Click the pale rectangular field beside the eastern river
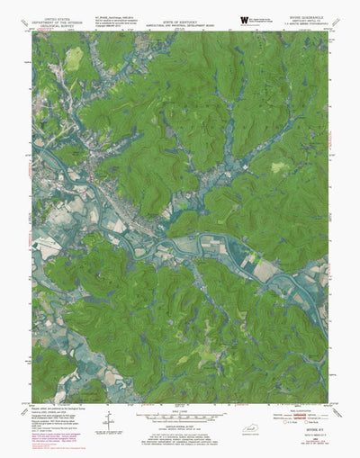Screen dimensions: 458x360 coord(265,268)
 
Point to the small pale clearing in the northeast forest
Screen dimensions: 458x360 coord(281,167)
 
